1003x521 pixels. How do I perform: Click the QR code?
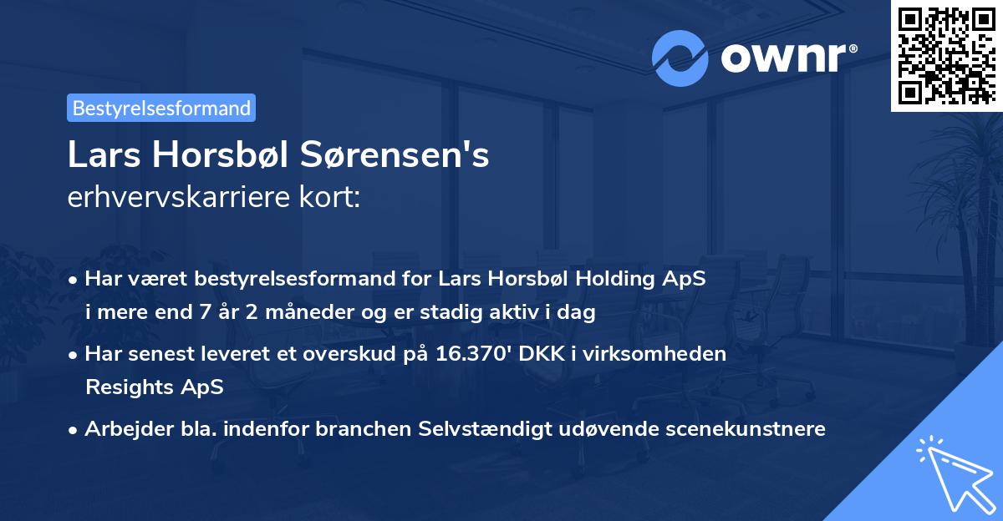tap(947, 55)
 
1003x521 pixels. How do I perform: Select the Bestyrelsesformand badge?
tap(161, 108)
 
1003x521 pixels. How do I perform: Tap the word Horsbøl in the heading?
tap(222, 156)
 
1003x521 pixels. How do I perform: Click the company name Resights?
tap(124, 387)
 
